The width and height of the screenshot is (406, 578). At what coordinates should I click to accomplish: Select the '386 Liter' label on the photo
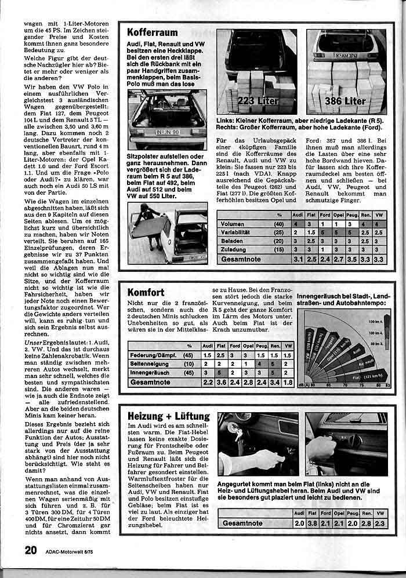point(346,101)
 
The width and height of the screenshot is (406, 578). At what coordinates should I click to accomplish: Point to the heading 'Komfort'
point(146,293)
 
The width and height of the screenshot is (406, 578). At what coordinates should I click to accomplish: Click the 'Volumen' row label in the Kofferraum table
point(233,224)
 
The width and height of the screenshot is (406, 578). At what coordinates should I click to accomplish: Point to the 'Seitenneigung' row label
point(150,363)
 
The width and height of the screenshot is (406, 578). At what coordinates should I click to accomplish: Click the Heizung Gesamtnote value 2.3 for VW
point(379,524)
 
